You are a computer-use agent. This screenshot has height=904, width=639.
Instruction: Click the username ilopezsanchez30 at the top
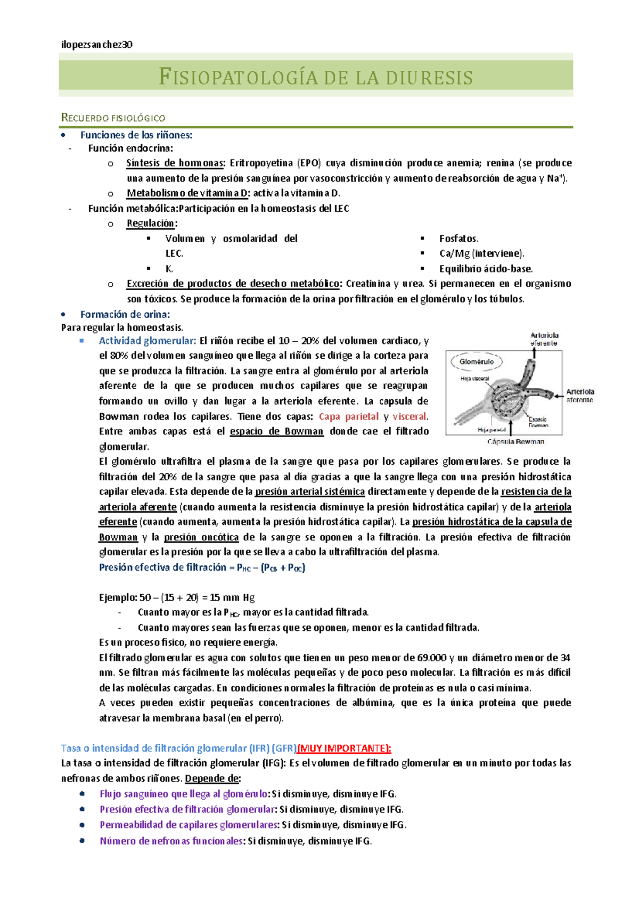pos(96,45)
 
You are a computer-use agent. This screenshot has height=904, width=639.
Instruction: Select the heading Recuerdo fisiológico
pos(113,118)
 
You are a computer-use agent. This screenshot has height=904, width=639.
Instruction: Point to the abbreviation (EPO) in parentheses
pos(309,163)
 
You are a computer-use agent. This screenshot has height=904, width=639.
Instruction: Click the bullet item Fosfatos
pos(458,239)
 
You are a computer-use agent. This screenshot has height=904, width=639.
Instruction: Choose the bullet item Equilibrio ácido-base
pos(486,269)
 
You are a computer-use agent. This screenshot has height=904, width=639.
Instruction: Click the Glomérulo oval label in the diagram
pos(476,362)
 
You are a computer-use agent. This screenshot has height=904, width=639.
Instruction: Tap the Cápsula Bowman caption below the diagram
pos(515,441)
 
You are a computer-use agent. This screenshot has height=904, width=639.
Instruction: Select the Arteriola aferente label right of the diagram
pos(579,396)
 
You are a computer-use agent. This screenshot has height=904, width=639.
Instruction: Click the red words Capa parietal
pos(349,416)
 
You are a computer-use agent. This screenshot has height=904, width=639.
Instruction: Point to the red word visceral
pos(409,416)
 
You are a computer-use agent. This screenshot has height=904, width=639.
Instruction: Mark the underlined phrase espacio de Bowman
pos(276,431)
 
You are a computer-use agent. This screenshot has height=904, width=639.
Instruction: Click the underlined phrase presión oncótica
pos(201,537)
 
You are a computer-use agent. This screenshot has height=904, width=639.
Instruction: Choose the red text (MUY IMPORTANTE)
pos(344,748)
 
